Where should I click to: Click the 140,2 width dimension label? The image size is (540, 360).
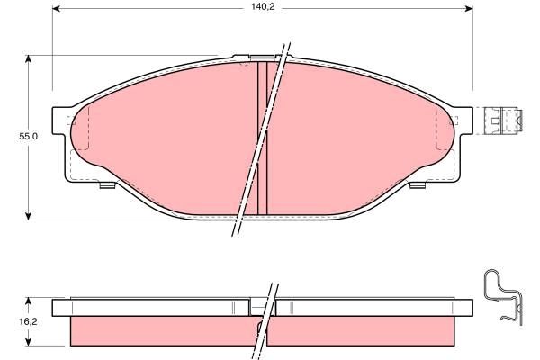[x=263, y=6]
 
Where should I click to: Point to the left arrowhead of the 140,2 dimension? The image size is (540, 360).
[x=56, y=11]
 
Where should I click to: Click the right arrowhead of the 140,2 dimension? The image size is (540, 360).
[x=469, y=11]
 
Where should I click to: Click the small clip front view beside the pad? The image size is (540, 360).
[x=504, y=119]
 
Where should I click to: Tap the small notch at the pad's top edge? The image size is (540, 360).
[x=243, y=60]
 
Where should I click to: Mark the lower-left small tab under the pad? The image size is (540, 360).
[x=106, y=186]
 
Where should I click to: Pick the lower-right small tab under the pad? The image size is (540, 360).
[x=416, y=186]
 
